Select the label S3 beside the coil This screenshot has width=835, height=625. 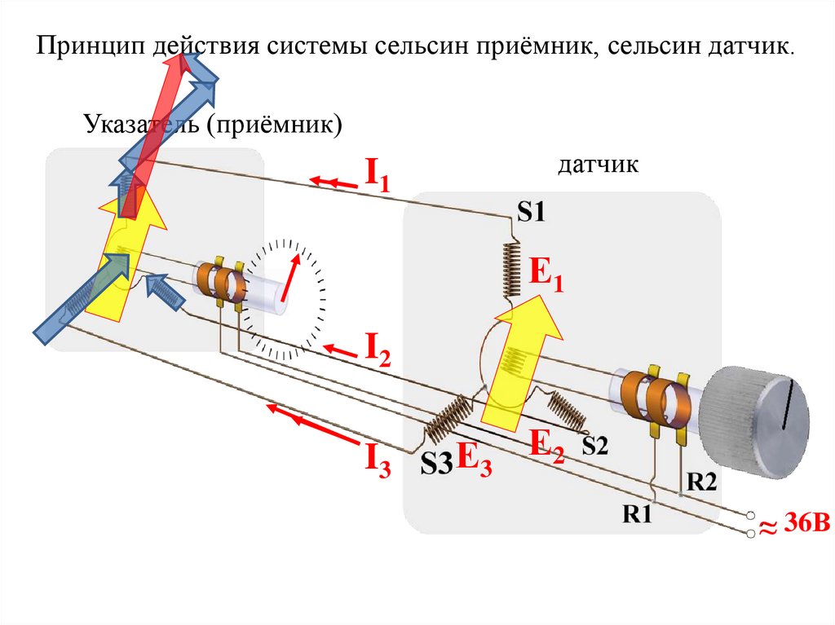point(435,464)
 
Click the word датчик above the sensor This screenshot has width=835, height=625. point(598,165)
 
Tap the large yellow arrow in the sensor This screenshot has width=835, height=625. point(521,359)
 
